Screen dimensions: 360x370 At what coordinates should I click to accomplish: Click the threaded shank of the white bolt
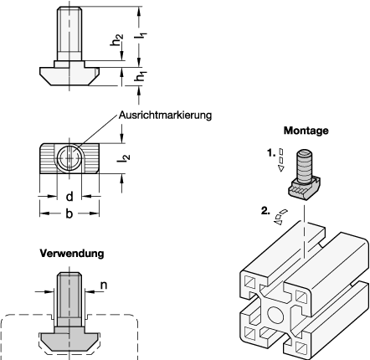[69, 32]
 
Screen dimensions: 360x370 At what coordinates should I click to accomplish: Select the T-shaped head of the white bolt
[69, 75]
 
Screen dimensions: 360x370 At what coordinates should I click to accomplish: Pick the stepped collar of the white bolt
[69, 62]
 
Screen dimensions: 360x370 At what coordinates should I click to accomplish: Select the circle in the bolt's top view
[70, 157]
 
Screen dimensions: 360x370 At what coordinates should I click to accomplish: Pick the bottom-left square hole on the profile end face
[249, 332]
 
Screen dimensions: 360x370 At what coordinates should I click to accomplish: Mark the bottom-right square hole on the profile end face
[299, 344]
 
